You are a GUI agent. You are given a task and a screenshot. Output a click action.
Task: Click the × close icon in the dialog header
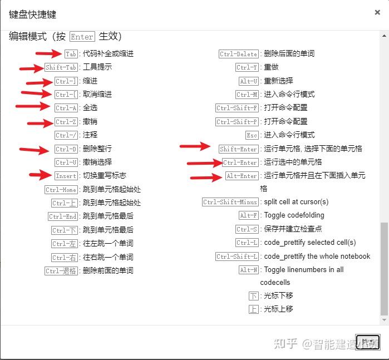[x=378, y=12]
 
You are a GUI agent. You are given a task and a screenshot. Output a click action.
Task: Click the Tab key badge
[x=71, y=54]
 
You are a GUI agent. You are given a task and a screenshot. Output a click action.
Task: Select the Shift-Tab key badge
[x=62, y=67]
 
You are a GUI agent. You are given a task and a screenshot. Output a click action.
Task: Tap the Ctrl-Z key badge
[x=67, y=122]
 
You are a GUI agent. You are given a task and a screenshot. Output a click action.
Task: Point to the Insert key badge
[x=66, y=176]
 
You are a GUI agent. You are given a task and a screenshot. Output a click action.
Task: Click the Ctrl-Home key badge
[x=61, y=190]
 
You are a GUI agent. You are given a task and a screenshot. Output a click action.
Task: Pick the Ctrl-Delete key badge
[x=239, y=54]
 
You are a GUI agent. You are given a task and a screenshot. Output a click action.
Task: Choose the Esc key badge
[x=252, y=135]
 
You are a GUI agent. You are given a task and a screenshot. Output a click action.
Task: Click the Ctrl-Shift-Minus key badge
[x=230, y=203]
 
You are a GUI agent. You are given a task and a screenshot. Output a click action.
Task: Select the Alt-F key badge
[x=248, y=216]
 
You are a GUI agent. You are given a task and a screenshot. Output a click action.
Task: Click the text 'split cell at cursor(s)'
[x=296, y=202]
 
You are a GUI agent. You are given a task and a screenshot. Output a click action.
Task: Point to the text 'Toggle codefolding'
[x=294, y=215]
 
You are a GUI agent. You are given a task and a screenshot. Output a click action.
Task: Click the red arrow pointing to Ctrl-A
[x=33, y=106]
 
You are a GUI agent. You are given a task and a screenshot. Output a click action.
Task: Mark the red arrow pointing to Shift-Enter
[x=195, y=147]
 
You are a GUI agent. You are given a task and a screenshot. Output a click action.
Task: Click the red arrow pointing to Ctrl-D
[x=34, y=149]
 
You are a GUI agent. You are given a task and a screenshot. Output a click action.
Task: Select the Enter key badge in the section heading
[x=82, y=37]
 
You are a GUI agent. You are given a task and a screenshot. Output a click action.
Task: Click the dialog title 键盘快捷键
[x=32, y=14]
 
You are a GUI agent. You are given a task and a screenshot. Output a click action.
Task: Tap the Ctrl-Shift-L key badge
[x=237, y=257]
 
